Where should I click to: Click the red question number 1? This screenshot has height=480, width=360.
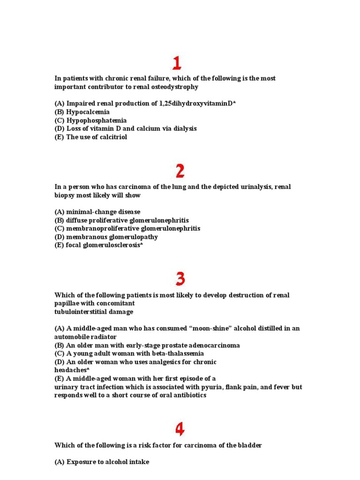pos(177,63)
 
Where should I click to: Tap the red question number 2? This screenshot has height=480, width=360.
pos(180,171)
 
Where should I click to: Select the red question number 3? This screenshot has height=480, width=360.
pos(180,279)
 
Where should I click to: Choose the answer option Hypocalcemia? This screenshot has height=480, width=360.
pos(88,112)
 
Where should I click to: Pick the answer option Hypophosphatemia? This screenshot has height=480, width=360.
pos(96,120)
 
